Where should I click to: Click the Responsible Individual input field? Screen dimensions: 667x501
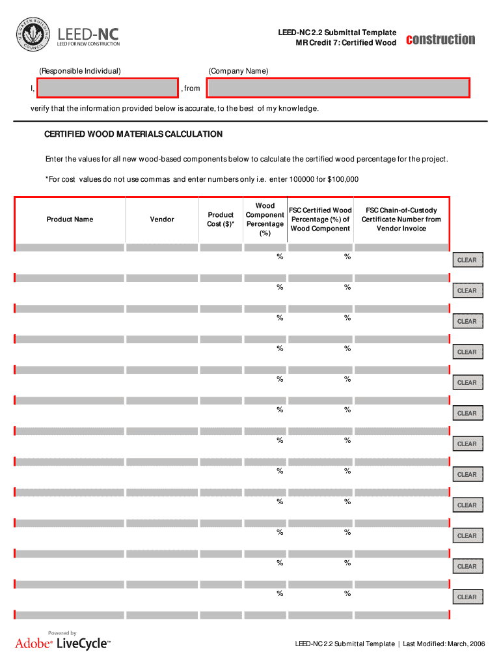click(107, 88)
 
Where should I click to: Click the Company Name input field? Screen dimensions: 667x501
click(338, 88)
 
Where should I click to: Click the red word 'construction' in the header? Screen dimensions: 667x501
click(440, 39)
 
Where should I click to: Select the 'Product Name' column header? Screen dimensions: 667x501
click(70, 220)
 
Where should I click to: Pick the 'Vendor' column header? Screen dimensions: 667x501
click(162, 220)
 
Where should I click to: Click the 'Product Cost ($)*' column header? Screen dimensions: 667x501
click(221, 220)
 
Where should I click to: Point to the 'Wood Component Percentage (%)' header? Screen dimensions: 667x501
click(265, 220)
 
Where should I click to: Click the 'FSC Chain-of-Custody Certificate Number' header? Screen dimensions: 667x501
click(401, 220)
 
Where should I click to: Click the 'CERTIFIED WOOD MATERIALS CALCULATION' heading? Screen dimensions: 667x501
click(133, 134)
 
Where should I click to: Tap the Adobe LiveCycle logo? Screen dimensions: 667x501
click(62, 644)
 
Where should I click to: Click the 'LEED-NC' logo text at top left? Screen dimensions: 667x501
click(88, 33)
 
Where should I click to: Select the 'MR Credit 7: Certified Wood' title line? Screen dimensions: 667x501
click(345, 43)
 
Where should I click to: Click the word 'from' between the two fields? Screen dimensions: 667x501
click(192, 89)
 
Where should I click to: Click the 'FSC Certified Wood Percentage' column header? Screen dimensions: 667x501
click(320, 220)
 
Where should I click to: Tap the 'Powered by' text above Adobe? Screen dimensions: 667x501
click(62, 632)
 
